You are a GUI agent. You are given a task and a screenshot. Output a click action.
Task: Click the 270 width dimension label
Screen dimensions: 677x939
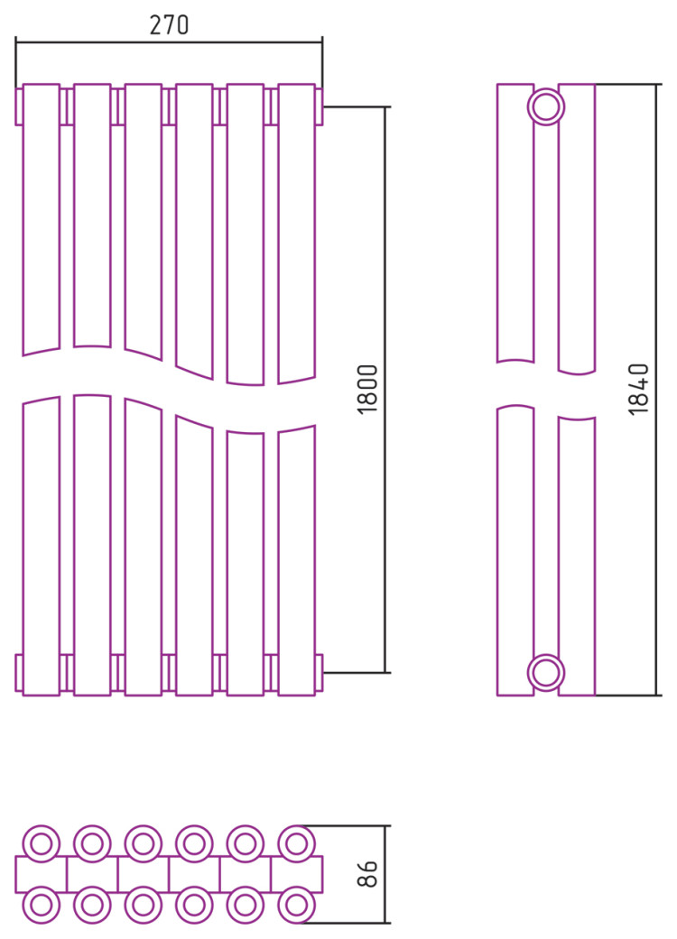coord(169,24)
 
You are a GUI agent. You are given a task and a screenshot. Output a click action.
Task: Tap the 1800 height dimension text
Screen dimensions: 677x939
coord(368,390)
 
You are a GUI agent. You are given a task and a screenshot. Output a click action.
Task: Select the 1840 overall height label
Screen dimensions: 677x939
coord(639,390)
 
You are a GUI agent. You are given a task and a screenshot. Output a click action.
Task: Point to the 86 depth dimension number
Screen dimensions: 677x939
coord(367,874)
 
